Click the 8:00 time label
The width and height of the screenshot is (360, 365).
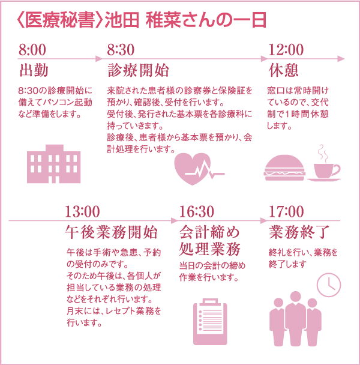32,50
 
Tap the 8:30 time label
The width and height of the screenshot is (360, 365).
121,50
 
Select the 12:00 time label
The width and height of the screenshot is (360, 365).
286,50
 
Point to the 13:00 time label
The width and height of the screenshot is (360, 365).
82,211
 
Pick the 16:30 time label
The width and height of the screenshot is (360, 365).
197,211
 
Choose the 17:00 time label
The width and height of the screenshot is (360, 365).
286,211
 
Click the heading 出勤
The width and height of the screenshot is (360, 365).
34,70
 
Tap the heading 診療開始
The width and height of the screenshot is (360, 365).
138,70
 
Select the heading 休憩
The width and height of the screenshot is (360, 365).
283,70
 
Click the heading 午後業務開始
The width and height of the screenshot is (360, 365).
112,232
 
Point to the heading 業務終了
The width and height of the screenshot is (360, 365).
299,232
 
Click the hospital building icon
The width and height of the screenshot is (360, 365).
54,164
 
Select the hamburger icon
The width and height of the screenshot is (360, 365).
284,167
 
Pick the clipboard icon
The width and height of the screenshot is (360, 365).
210,322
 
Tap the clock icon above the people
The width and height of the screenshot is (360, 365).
329,285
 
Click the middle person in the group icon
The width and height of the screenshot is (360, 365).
296,318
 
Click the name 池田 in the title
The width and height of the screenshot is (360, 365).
122,20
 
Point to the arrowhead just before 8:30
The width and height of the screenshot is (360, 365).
99,59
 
